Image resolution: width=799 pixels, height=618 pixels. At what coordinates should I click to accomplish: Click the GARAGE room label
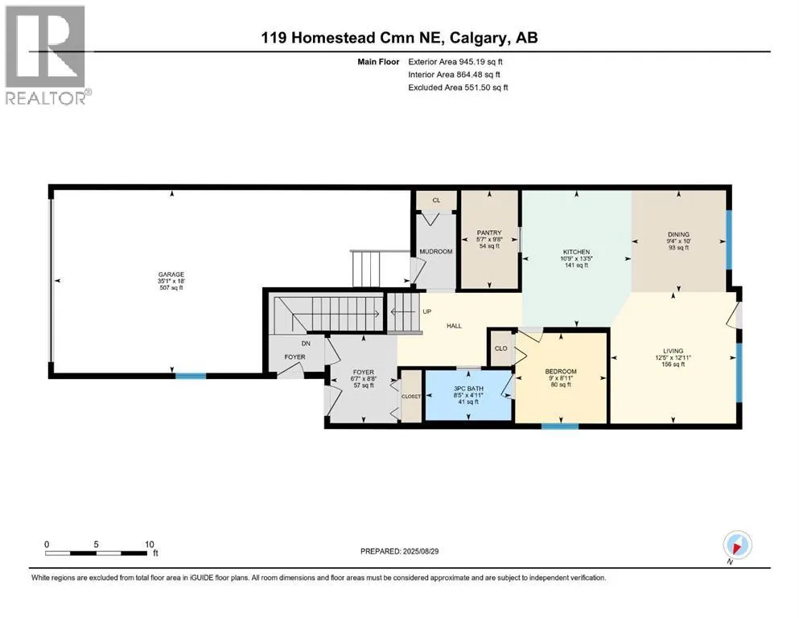171,274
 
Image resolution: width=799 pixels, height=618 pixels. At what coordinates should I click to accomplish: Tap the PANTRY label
489,233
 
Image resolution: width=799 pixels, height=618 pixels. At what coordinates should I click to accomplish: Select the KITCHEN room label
576,252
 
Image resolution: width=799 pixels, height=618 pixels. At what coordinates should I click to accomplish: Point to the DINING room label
678,235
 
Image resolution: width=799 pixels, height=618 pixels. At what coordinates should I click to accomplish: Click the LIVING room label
673,351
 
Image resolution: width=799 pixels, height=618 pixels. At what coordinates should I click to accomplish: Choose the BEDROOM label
561,372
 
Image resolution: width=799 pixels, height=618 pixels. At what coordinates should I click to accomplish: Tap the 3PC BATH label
468,389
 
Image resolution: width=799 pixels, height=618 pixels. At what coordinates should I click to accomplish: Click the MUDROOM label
435,252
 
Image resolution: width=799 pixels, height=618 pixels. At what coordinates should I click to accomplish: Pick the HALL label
454,326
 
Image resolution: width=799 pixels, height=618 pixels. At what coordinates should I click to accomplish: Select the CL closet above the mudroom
436,200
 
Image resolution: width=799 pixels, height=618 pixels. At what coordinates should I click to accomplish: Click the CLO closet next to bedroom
501,348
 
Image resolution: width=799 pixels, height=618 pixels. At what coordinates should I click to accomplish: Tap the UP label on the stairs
427,311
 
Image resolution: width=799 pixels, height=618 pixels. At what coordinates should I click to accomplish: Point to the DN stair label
306,344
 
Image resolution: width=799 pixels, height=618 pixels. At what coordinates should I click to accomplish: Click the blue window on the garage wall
191,376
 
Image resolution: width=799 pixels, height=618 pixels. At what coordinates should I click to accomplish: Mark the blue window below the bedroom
560,426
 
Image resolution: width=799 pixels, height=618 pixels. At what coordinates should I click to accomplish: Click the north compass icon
737,546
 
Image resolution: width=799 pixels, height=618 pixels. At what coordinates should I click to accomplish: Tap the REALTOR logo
47,55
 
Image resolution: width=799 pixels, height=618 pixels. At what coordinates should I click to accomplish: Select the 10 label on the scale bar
150,544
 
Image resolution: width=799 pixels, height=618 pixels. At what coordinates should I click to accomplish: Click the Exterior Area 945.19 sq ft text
455,62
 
